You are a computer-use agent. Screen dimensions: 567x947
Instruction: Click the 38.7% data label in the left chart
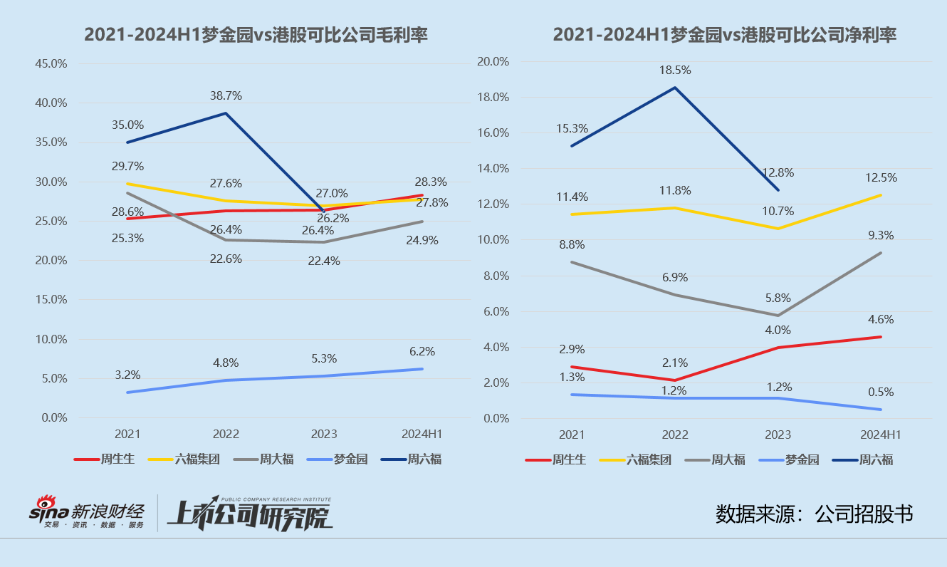pyautogui.click(x=226, y=95)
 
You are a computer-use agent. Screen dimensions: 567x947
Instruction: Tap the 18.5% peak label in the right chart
pyautogui.click(x=675, y=71)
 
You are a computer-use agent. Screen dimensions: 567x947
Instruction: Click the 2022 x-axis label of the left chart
pyautogui.click(x=226, y=434)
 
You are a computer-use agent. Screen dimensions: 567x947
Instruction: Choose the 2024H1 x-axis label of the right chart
pyautogui.click(x=881, y=435)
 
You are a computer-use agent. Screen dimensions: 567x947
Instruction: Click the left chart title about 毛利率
pyautogui.click(x=256, y=34)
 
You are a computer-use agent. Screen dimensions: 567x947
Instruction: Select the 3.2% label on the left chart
pyautogui.click(x=127, y=375)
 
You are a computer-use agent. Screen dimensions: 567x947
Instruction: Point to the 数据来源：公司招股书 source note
pyautogui.click(x=814, y=514)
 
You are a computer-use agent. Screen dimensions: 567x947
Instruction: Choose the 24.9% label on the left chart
pyautogui.click(x=423, y=240)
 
